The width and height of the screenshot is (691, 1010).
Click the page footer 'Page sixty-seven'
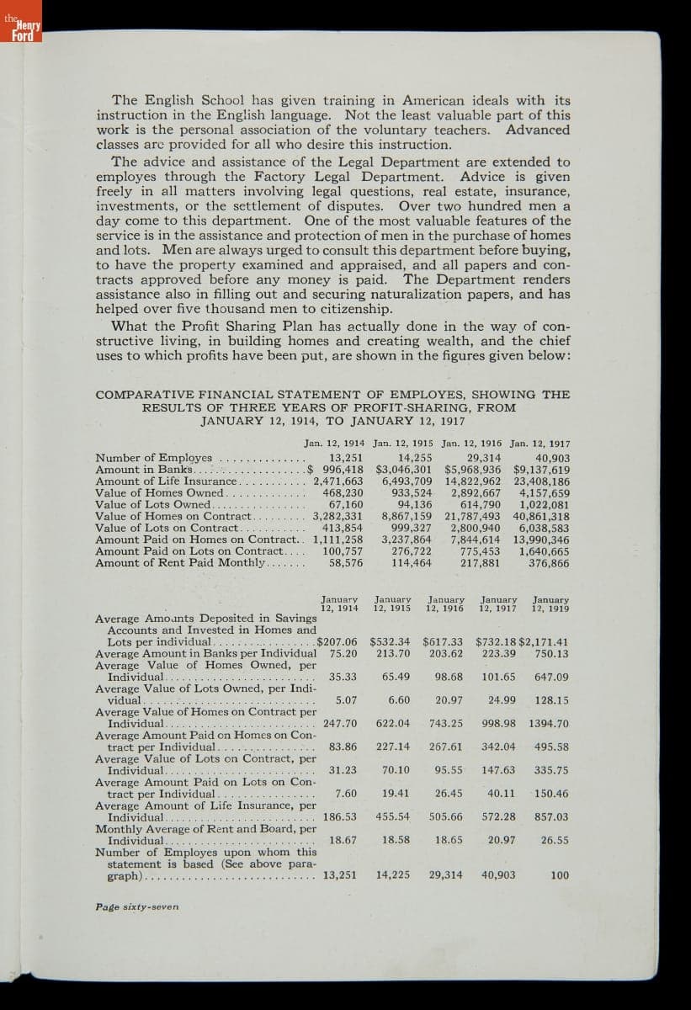[137, 906]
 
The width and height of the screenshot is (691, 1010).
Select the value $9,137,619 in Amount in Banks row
[541, 470]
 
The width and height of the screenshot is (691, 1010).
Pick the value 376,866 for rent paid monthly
[549, 563]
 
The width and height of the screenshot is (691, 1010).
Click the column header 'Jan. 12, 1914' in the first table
[334, 443]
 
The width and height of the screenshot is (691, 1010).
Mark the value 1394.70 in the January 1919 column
[549, 723]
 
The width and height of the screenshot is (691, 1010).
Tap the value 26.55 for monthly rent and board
[554, 840]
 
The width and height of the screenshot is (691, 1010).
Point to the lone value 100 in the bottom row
[559, 875]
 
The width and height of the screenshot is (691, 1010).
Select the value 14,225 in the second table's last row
[393, 875]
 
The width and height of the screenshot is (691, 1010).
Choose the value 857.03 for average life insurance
[550, 816]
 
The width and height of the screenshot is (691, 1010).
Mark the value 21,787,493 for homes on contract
[472, 516]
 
